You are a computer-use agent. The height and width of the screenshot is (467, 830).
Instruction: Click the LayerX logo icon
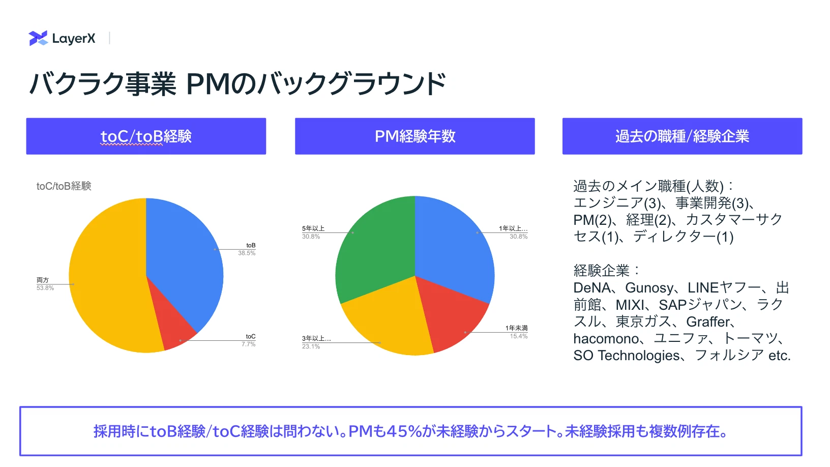tap(38, 38)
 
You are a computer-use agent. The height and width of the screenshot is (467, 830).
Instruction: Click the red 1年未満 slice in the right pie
tap(452, 315)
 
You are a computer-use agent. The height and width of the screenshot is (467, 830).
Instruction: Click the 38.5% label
tap(246, 253)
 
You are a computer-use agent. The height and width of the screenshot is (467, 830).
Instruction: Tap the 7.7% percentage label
tap(248, 344)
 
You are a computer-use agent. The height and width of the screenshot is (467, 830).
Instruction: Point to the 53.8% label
tap(45, 288)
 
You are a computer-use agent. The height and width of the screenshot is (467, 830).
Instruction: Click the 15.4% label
tap(518, 336)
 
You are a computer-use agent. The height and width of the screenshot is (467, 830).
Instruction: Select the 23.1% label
tap(311, 346)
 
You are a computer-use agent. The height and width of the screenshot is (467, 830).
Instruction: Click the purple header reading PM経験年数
tap(414, 136)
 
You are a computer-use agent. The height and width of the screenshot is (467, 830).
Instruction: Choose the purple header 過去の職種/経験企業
tap(682, 136)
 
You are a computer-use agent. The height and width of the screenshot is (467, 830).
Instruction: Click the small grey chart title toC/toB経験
tap(64, 186)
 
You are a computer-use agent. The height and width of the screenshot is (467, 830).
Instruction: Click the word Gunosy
tap(649, 287)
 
